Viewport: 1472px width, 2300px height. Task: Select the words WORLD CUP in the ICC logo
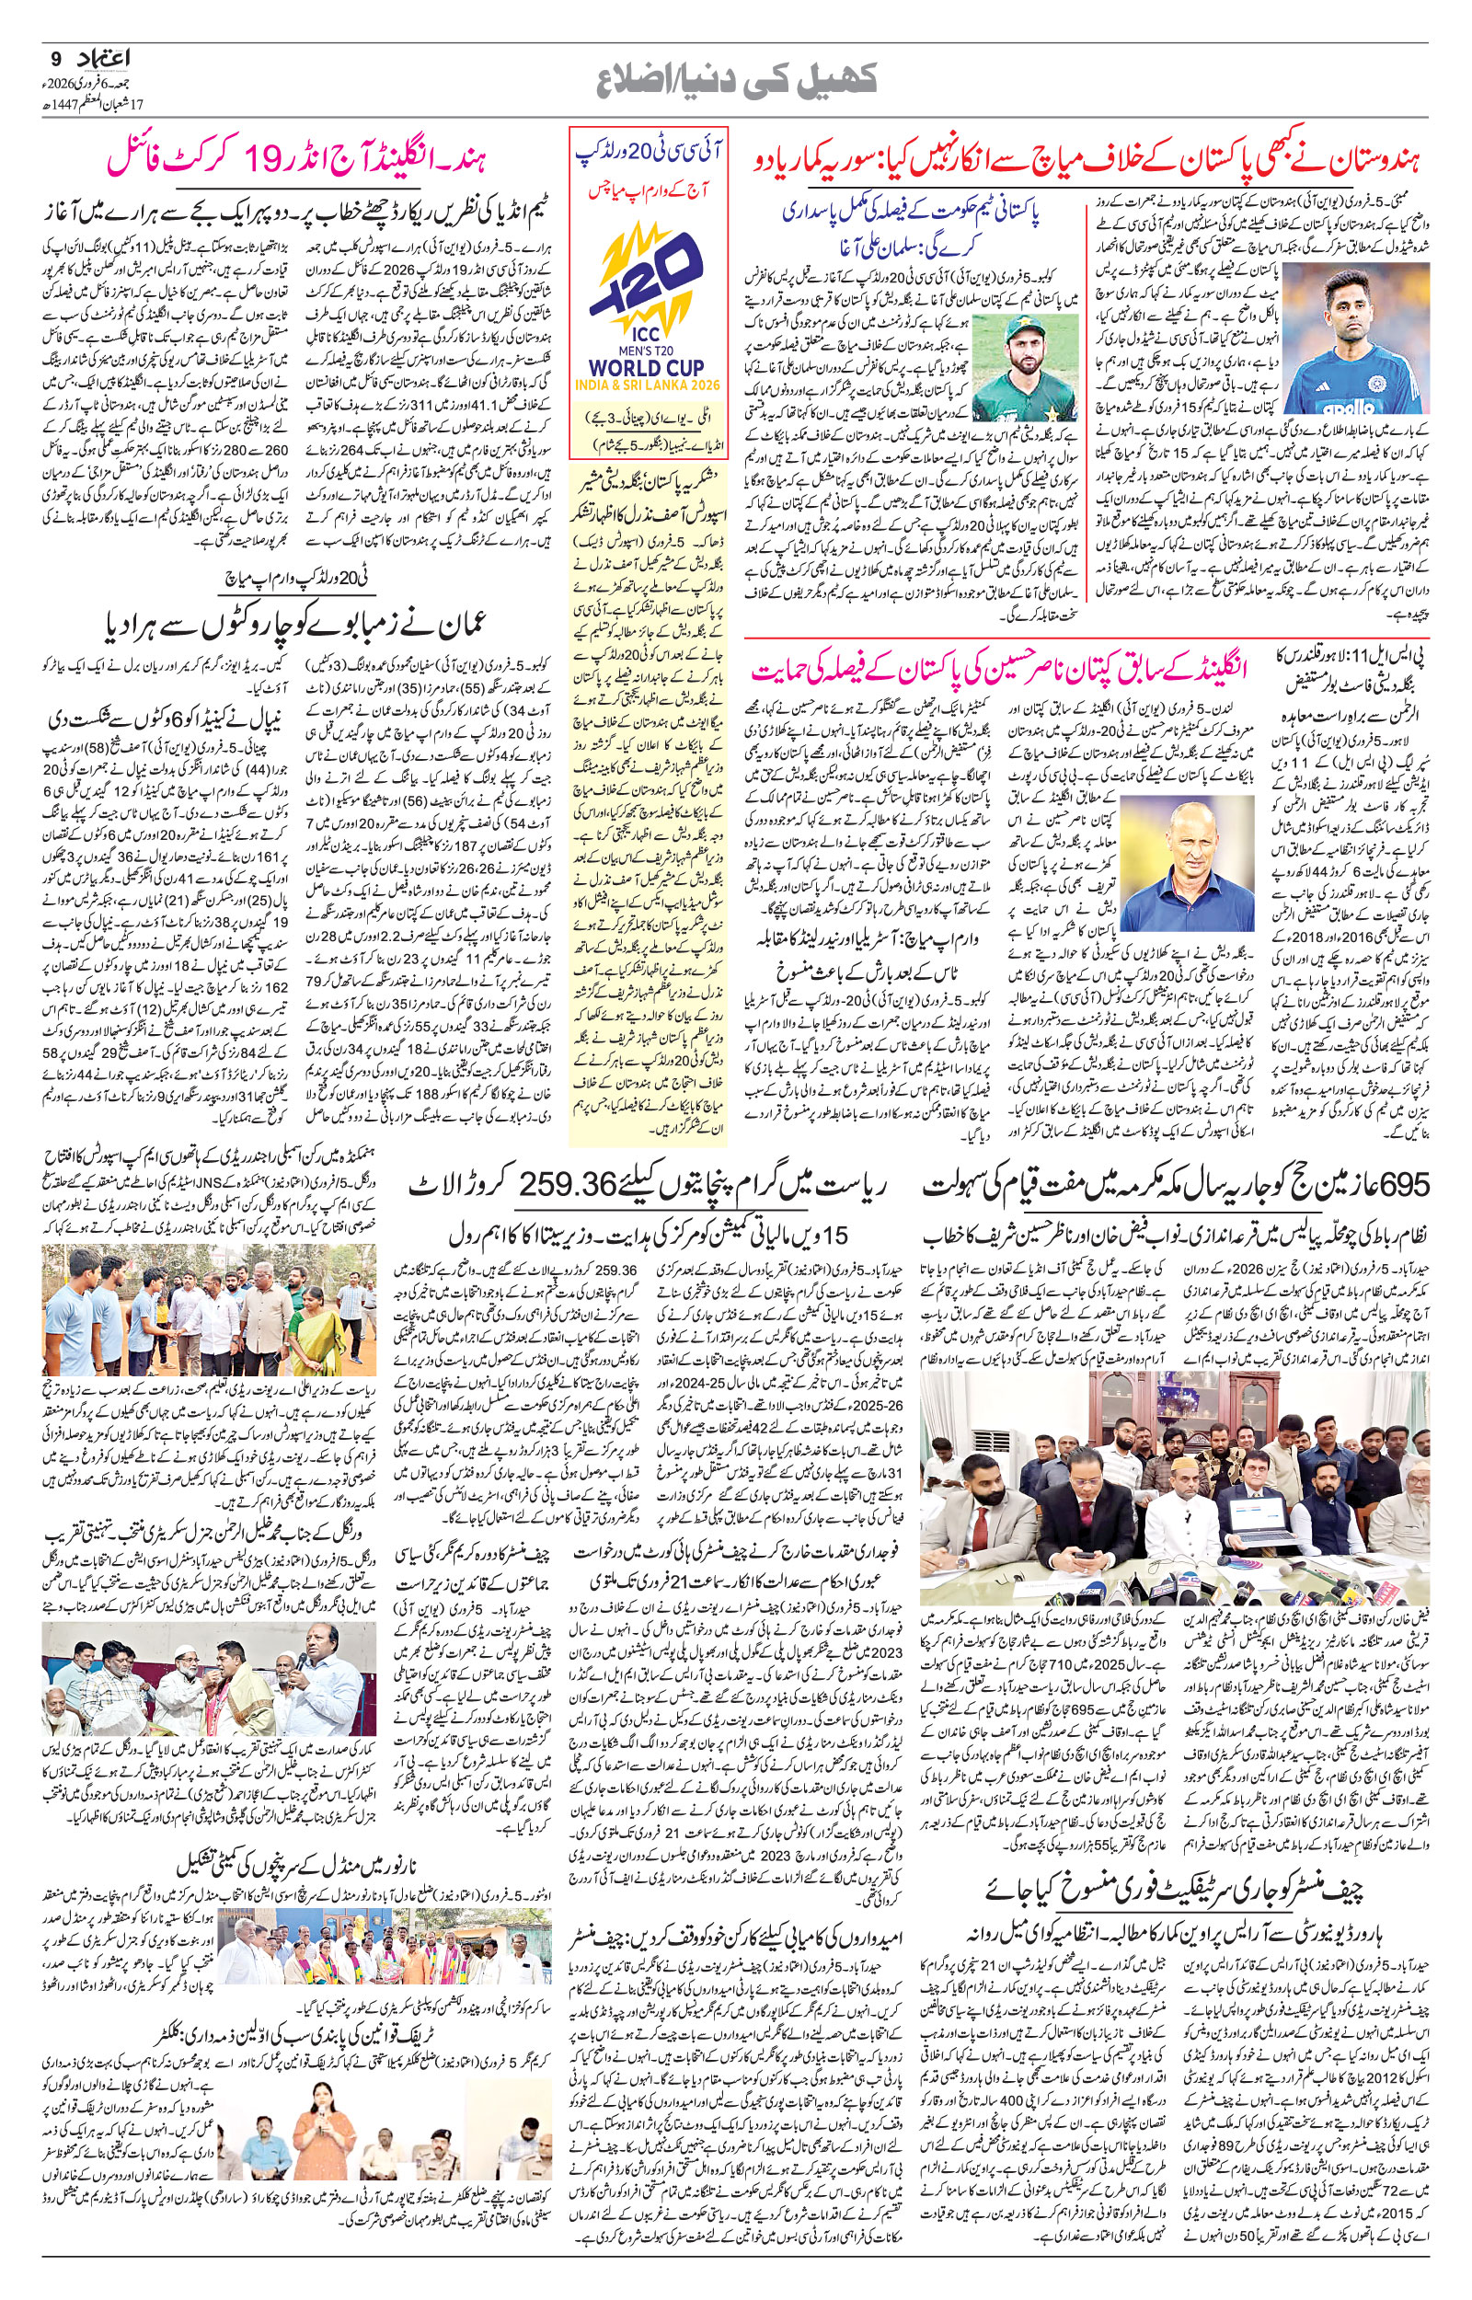(647, 367)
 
